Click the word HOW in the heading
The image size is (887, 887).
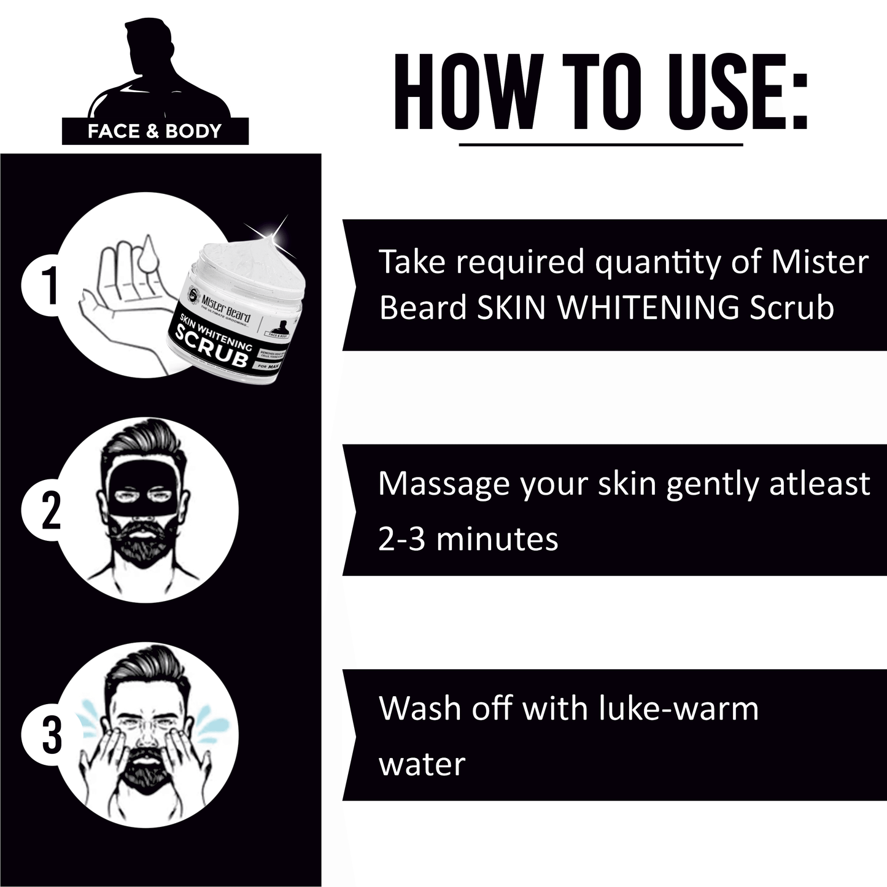coord(465,93)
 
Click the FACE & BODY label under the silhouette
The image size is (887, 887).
coord(155,131)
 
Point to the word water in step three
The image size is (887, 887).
coord(422,764)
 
